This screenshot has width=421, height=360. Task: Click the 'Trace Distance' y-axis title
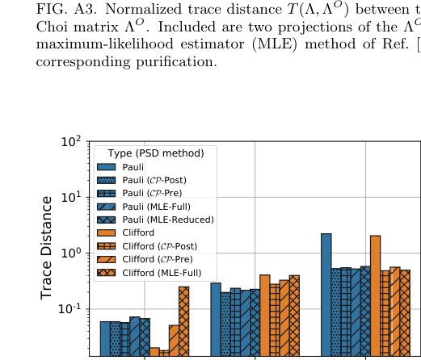(x=48, y=248)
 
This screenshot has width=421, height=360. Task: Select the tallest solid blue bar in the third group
(x=326, y=295)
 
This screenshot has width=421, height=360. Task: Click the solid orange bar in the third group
(x=375, y=295)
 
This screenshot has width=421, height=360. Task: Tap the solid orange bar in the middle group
(x=264, y=316)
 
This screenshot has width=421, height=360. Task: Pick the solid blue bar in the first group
(x=105, y=338)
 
